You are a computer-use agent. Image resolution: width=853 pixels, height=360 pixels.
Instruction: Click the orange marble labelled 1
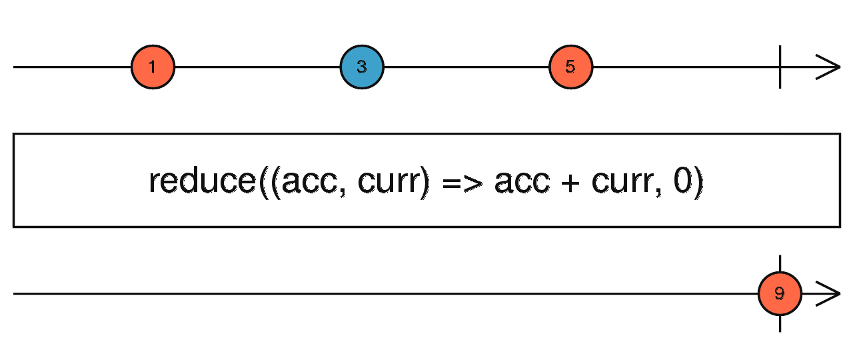pyautogui.click(x=153, y=67)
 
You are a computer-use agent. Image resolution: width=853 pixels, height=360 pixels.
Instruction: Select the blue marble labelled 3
pyautogui.click(x=362, y=67)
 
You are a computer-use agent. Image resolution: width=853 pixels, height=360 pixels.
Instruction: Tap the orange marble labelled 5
pyautogui.click(x=571, y=67)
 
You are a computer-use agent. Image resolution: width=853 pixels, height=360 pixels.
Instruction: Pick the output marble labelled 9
pyautogui.click(x=780, y=293)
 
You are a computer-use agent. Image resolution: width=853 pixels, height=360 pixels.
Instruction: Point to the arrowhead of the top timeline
pyautogui.click(x=830, y=67)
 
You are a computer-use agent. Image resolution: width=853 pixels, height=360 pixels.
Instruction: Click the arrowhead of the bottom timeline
pyautogui.click(x=830, y=293)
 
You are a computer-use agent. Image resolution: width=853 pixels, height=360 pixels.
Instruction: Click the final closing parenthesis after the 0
pyautogui.click(x=698, y=182)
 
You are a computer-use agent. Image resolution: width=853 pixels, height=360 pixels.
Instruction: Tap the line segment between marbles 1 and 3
pyautogui.click(x=257, y=67)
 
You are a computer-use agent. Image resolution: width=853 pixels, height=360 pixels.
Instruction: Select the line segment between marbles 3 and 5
pyautogui.click(x=466, y=67)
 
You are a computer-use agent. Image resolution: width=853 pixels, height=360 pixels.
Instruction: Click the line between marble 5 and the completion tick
pyautogui.click(x=686, y=67)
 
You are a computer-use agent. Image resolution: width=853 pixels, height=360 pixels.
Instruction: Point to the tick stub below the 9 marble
pyautogui.click(x=780, y=324)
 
